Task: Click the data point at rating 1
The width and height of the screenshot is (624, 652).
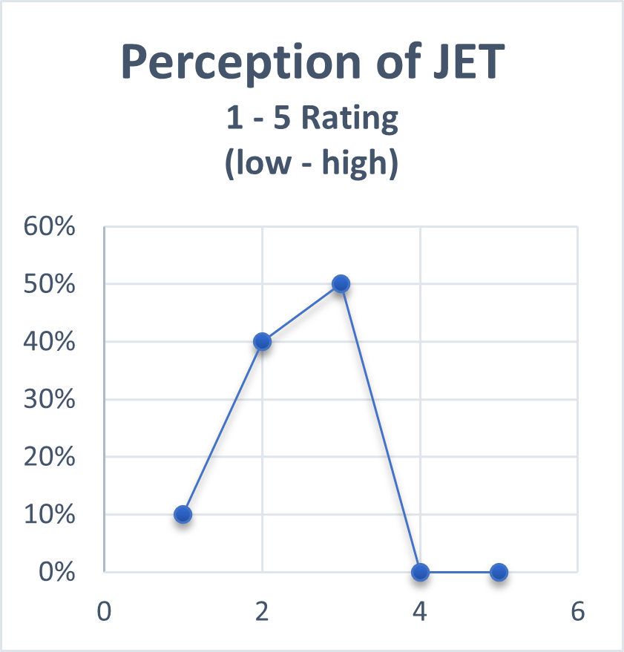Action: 183,514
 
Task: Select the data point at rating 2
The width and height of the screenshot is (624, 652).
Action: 262,341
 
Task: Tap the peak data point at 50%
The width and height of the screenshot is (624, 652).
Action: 341,283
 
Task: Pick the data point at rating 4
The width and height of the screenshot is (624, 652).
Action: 420,572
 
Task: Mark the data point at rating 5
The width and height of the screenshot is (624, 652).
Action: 499,572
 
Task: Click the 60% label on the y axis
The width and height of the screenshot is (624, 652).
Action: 50,226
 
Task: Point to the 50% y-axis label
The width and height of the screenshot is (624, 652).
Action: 50,284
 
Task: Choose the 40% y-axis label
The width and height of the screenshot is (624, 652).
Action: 50,342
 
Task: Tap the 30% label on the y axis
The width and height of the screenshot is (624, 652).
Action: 50,399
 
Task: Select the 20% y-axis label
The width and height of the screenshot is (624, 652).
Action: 50,457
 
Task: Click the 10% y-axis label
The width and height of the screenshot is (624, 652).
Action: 50,515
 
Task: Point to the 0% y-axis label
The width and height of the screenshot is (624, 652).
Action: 58,572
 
